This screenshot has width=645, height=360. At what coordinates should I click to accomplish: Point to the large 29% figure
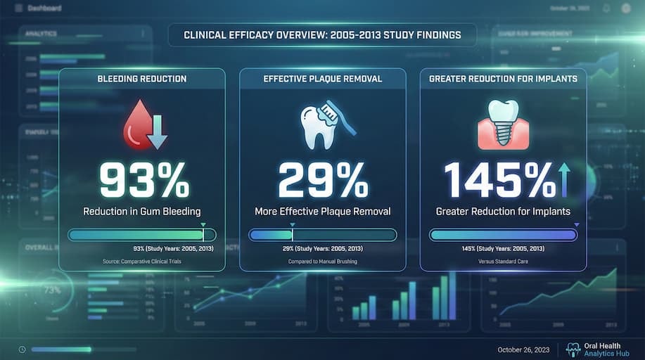point(323,181)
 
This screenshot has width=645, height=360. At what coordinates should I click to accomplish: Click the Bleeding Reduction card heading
point(142,79)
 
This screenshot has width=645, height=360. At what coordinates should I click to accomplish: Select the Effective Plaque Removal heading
point(323,79)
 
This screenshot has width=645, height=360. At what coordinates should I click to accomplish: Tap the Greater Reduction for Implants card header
point(503,79)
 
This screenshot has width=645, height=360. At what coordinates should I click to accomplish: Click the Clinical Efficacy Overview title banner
point(322,34)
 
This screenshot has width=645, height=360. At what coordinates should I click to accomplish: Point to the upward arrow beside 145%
point(563,180)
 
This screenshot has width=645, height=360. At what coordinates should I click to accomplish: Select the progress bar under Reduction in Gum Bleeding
point(142,235)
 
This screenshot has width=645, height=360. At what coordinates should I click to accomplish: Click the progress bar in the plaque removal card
point(323,235)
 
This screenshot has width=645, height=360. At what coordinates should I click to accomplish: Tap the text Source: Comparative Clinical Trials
point(142,262)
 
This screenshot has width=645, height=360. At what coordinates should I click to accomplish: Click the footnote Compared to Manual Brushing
point(323,262)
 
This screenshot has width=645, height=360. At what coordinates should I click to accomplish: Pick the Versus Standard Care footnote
point(503,262)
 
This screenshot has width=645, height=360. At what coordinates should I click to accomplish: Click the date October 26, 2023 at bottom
point(523,349)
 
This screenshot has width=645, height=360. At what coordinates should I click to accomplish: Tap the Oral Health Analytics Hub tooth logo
point(573,349)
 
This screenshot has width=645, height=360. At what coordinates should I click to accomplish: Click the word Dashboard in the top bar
point(46,8)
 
